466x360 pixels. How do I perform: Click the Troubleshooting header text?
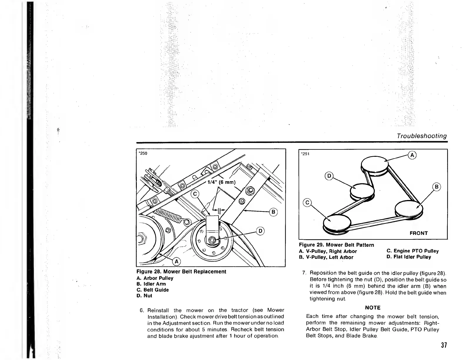click(x=421, y=136)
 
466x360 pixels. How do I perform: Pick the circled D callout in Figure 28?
click(x=261, y=231)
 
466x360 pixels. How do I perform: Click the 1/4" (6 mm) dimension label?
click(x=222, y=182)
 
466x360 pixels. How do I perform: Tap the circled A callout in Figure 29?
click(x=412, y=155)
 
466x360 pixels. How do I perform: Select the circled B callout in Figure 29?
click(x=437, y=186)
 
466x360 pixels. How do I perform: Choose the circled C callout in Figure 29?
click(x=307, y=202)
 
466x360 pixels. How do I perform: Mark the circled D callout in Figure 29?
click(x=329, y=176)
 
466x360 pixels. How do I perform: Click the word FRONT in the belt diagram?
click(x=419, y=233)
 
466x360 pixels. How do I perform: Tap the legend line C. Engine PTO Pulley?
click(x=412, y=251)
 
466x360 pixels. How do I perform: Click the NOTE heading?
click(x=372, y=308)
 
